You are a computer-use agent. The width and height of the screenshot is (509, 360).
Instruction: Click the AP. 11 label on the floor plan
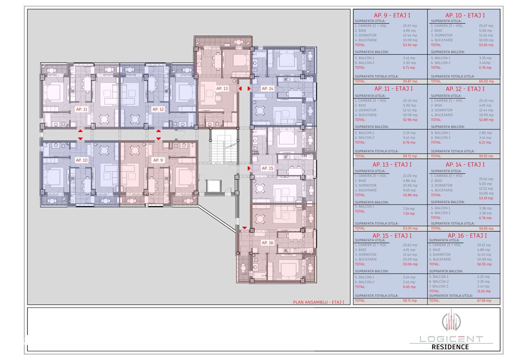tap(82, 109)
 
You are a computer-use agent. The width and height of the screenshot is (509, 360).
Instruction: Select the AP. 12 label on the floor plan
tap(158, 109)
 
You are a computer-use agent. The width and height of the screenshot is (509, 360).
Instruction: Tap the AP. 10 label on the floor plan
tap(82, 160)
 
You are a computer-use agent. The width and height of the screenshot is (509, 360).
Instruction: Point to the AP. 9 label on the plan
tap(158, 160)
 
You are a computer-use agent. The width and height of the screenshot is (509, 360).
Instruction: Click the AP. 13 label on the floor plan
tap(222, 88)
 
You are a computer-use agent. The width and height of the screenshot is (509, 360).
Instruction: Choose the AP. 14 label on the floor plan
tap(267, 88)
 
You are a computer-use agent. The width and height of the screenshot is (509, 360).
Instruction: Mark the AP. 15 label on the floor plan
tap(267, 168)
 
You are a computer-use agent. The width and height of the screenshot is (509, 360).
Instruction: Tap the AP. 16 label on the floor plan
tap(267, 242)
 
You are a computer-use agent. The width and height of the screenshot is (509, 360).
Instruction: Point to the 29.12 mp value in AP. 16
tap(483, 245)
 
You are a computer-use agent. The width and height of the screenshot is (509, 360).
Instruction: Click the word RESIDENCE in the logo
tap(450, 347)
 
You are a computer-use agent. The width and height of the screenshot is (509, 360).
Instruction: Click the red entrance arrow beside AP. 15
tap(249, 168)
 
